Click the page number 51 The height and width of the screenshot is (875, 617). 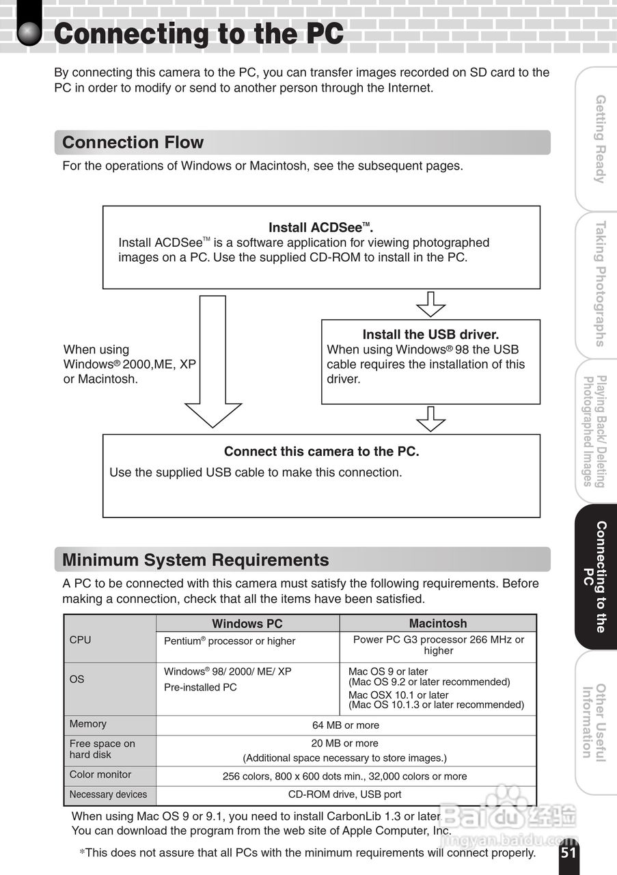pyautogui.click(x=568, y=852)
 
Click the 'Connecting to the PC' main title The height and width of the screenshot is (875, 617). pyautogui.click(x=198, y=33)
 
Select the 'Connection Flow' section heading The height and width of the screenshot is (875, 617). pyautogui.click(x=133, y=142)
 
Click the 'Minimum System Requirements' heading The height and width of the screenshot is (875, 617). pyautogui.click(x=195, y=560)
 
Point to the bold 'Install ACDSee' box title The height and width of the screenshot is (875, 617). pyautogui.click(x=320, y=228)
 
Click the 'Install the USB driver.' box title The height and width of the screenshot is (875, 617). pyautogui.click(x=430, y=334)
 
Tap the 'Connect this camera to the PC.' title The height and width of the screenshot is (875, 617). pyautogui.click(x=321, y=451)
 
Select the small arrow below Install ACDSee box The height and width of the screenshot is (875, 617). pyautogui.click(x=430, y=304)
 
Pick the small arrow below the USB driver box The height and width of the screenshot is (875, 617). pyautogui.click(x=430, y=418)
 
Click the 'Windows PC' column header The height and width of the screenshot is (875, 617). pyautogui.click(x=247, y=623)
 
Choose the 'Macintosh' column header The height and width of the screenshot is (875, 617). pyautogui.click(x=438, y=623)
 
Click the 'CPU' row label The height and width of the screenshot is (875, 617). pyautogui.click(x=80, y=640)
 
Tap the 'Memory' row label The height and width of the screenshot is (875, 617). pyautogui.click(x=88, y=723)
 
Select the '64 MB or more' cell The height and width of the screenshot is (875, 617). pyautogui.click(x=345, y=725)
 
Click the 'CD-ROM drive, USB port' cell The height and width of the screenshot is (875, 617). pyautogui.click(x=345, y=794)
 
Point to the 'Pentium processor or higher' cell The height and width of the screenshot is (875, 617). pyautogui.click(x=230, y=641)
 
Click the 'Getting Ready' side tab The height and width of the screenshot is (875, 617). pyautogui.click(x=599, y=139)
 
